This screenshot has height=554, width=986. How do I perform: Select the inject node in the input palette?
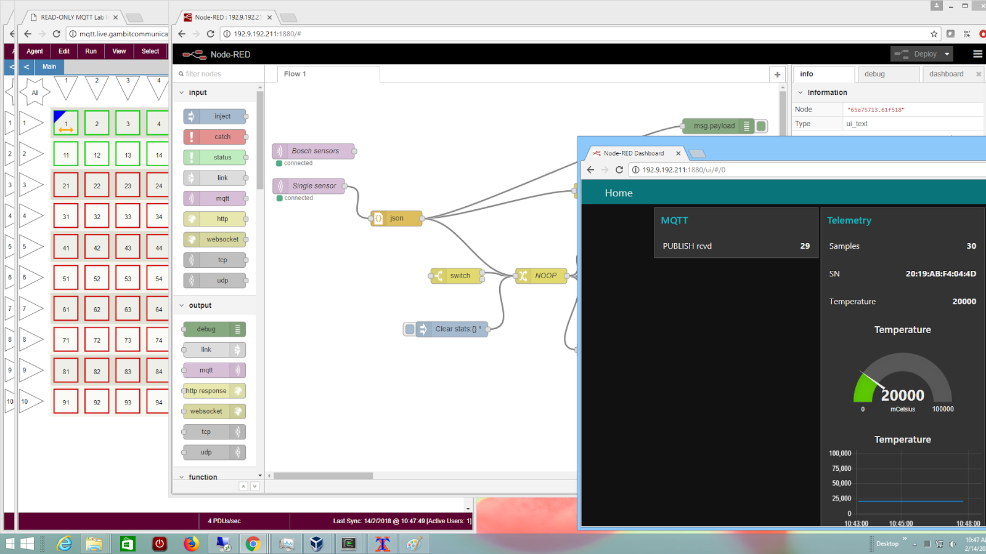215,116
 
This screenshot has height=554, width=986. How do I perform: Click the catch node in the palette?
215,137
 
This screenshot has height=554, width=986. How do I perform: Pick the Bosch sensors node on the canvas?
314,151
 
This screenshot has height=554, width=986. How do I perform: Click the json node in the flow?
396,218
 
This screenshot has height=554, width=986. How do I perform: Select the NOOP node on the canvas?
542,276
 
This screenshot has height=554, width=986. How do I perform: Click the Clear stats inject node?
453,329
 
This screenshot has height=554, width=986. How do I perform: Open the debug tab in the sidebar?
874,74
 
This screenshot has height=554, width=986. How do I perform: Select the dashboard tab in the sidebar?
946,74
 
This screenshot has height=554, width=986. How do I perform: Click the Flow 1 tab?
295,74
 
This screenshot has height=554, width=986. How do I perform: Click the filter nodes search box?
219,74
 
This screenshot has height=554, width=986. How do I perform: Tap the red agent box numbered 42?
97,247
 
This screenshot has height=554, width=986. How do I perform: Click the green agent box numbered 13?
128,155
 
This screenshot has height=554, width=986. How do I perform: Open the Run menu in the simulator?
91,51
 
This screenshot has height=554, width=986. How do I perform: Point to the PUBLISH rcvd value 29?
805,246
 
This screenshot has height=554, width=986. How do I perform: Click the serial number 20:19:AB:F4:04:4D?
940,274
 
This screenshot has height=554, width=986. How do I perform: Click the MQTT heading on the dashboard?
674,220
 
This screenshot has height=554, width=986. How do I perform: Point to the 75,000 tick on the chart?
841,468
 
